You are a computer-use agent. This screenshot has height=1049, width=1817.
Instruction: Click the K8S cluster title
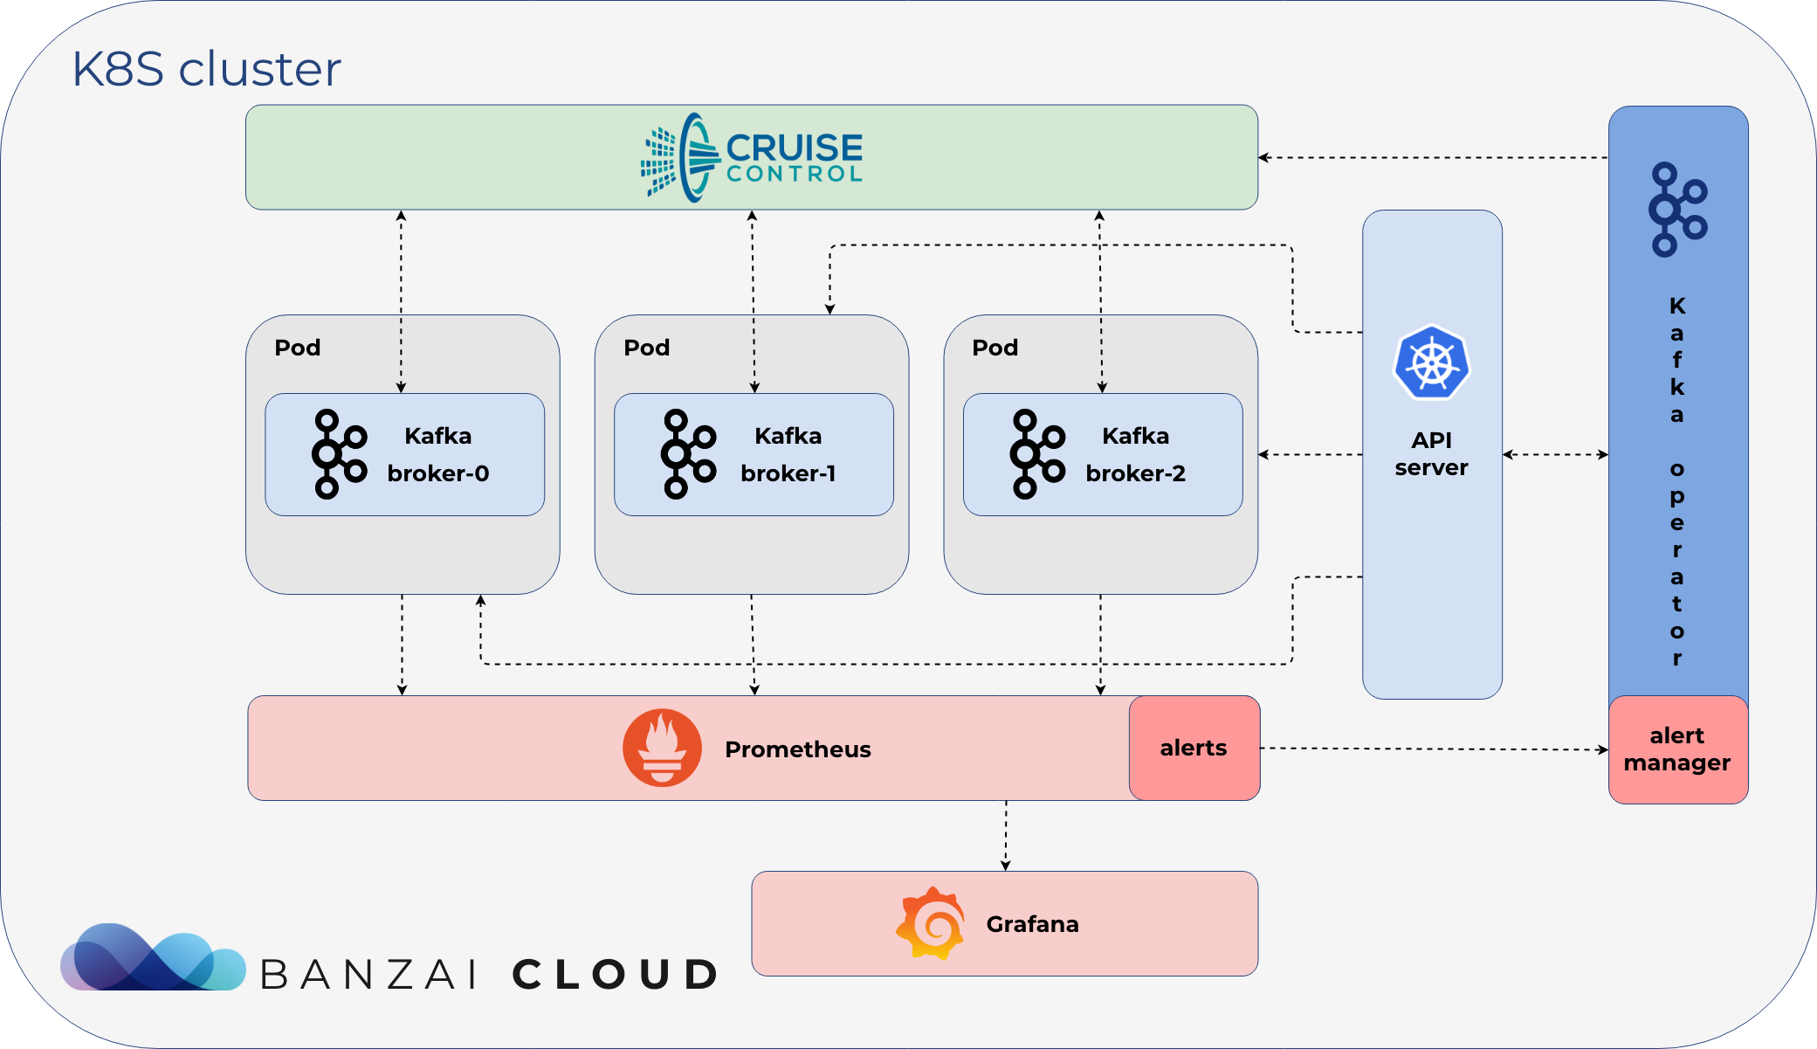coord(206,69)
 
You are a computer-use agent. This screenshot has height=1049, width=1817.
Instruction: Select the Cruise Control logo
coord(752,157)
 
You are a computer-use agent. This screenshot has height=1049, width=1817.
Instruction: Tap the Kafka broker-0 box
coord(404,454)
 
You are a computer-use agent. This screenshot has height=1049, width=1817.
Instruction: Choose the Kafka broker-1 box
coord(754,454)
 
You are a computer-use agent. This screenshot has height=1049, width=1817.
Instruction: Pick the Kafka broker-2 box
coord(1103,454)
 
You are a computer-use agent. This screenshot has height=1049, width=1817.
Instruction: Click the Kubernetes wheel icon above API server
coord(1432,362)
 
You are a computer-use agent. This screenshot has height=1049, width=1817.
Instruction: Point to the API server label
coord(1432,453)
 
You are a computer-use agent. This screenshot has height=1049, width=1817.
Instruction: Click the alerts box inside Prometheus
coord(1194,748)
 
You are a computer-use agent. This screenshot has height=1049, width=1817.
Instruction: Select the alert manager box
coord(1678,749)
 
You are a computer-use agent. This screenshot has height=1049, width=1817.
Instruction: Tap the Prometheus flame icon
coord(662,748)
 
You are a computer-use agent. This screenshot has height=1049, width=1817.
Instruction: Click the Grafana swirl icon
coord(931,923)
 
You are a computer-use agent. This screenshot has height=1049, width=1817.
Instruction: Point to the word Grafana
coord(1032,924)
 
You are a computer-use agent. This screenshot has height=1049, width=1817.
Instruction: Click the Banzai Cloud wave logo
coord(153,957)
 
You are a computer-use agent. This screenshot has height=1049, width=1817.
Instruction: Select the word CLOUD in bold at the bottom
coord(615,975)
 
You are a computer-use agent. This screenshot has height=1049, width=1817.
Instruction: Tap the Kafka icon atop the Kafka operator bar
coord(1677,210)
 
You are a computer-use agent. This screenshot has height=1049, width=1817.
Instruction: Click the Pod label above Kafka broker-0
coord(298,348)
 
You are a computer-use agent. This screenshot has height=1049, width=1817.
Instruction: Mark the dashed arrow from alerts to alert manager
coord(1435,749)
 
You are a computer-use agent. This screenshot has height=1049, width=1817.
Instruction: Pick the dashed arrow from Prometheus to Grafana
coord(1006,836)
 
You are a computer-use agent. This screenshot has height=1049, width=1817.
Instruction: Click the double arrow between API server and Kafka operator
coord(1555,454)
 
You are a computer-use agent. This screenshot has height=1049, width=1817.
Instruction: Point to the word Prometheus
coord(798,749)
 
